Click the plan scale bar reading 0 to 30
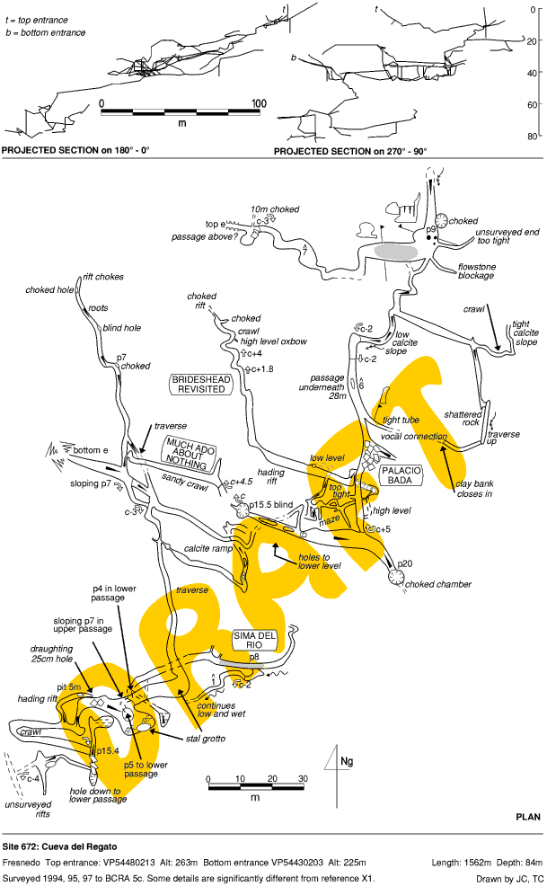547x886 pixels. pyautogui.click(x=255, y=788)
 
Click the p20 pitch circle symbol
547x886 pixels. pyautogui.click(x=396, y=579)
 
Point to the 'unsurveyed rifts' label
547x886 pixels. pyautogui.click(x=24, y=809)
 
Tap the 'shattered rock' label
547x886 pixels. pyautogui.click(x=463, y=420)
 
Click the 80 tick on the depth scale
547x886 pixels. pyautogui.click(x=533, y=136)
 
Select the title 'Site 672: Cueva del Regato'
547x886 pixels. pyautogui.click(x=59, y=846)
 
